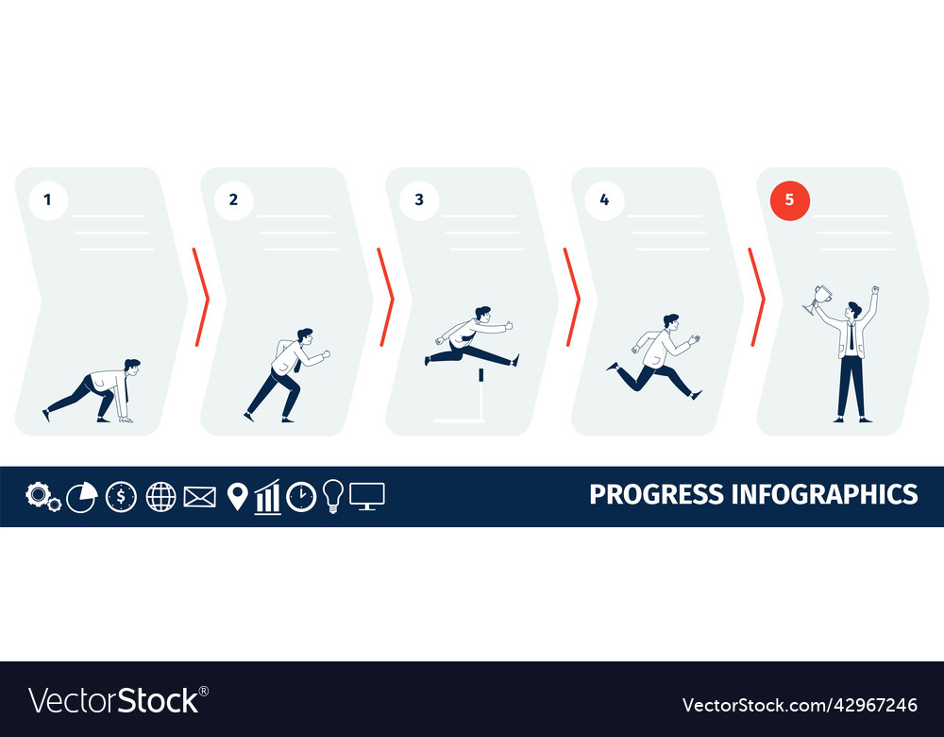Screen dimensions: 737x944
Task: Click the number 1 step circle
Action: tap(48, 200)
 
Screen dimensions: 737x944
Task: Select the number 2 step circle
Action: tap(233, 200)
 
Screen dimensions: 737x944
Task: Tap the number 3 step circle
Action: tap(419, 200)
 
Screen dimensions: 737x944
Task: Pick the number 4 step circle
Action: tap(604, 200)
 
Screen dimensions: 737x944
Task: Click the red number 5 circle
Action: tap(790, 200)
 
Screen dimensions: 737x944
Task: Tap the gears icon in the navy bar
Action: tap(42, 496)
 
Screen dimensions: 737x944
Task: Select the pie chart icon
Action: tap(81, 496)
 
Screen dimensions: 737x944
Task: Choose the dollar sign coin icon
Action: tap(121, 496)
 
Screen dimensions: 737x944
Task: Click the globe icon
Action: tap(160, 496)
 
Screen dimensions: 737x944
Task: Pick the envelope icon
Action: tap(199, 496)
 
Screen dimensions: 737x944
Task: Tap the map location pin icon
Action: tap(237, 496)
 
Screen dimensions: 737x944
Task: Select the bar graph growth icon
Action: tap(268, 497)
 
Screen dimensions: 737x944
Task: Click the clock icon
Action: tap(301, 496)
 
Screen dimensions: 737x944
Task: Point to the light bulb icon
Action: tap(332, 495)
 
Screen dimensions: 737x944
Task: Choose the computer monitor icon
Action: tap(366, 496)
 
